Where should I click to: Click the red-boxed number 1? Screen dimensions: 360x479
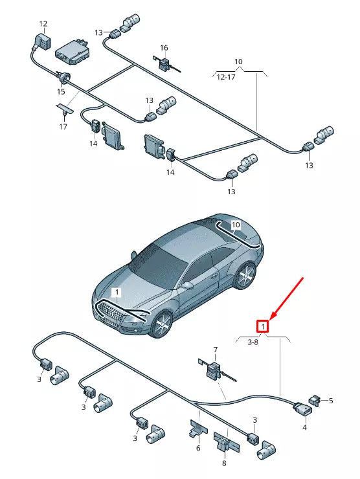pos(262,326)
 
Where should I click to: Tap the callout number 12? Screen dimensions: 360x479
pos(43,23)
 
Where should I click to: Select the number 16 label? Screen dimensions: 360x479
pos(164,48)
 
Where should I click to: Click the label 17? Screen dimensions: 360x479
pos(63,126)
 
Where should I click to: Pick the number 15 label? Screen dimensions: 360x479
pos(61,92)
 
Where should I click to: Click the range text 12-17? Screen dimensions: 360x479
pos(226,77)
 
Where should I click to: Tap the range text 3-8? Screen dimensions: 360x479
pos(253,342)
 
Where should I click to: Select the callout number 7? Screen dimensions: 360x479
pos(216,350)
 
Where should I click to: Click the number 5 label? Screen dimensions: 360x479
pos(331,400)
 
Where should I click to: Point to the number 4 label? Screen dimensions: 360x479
pos(304,427)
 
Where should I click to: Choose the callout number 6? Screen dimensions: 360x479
pos(198,448)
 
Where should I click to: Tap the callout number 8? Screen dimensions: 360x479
pos(224,463)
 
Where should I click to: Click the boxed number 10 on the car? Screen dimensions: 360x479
pos(236,225)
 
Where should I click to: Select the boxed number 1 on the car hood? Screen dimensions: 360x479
pos(117,293)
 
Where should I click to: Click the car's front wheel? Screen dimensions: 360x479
pos(162,325)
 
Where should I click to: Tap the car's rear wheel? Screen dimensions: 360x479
pos(245,275)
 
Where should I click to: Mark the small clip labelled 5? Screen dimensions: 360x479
pos(315,401)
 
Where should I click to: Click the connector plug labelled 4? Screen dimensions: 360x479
pos(303,409)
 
